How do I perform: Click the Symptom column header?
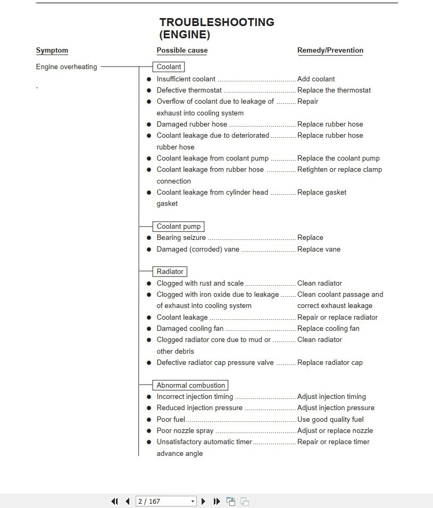point(52,51)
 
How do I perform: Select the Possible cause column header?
point(182,51)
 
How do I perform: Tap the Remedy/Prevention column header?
point(330,51)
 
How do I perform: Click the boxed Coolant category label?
point(169,67)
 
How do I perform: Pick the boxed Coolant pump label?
point(178,227)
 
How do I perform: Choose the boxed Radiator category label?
point(170,272)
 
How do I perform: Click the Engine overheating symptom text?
point(66,67)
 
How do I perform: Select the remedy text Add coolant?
point(316,79)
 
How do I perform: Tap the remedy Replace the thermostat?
point(334,90)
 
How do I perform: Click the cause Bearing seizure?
point(181,238)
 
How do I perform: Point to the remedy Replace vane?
point(319,249)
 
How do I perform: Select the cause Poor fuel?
point(171,419)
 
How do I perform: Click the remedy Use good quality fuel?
point(330,419)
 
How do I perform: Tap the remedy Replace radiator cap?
point(330,363)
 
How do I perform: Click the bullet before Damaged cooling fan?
point(149,329)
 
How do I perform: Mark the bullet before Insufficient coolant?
point(149,79)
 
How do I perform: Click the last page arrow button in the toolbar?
point(216,501)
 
